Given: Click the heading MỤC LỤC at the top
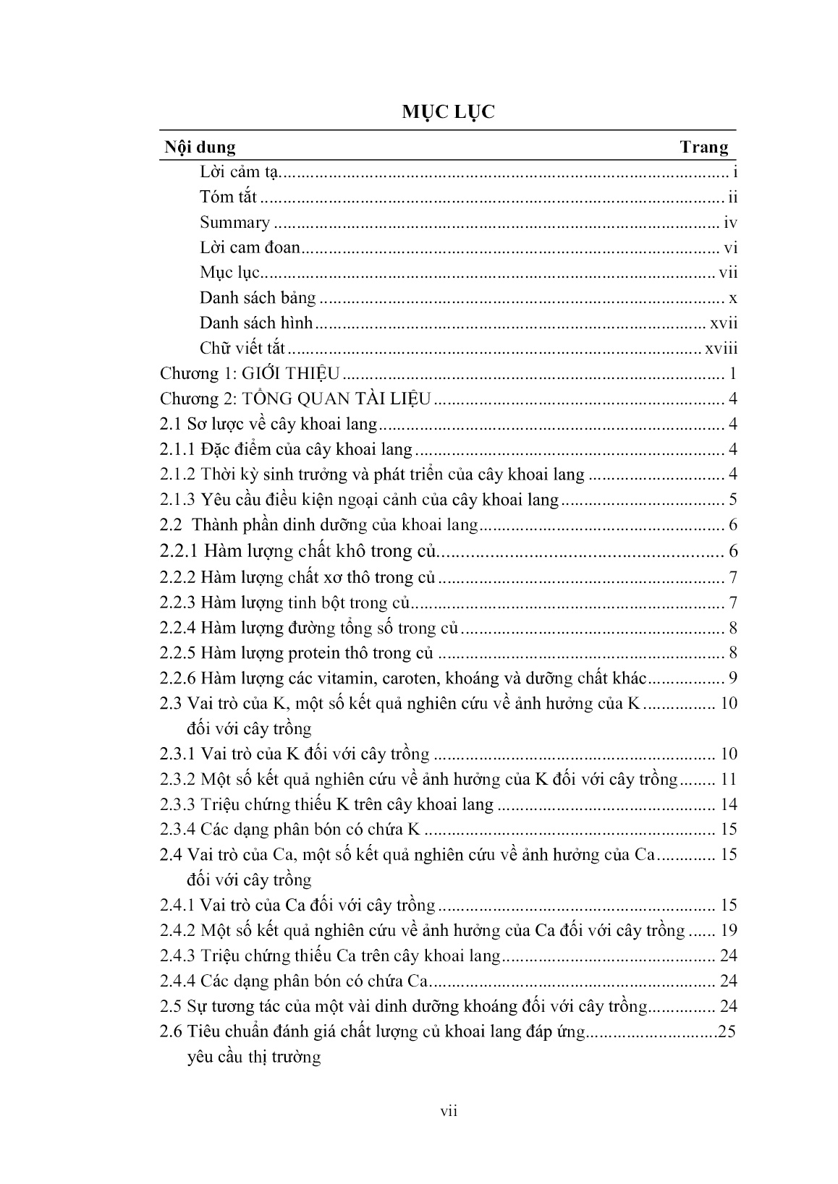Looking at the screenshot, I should [x=449, y=113].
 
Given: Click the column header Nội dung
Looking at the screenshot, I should [x=200, y=148].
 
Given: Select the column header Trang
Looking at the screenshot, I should [x=703, y=148].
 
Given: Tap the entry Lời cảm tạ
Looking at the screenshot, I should [x=239, y=172].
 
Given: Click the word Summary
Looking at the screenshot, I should [x=234, y=223].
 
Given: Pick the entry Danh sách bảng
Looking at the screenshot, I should [x=258, y=298].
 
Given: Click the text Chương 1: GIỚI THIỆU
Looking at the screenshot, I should [x=250, y=374].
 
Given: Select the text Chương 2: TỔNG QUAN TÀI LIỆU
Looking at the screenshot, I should [x=295, y=399].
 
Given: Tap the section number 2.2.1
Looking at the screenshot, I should [x=179, y=551].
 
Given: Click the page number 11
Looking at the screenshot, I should [x=729, y=780].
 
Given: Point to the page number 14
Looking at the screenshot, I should [x=729, y=805].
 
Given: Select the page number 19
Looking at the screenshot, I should [x=729, y=931].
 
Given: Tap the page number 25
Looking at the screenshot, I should [x=727, y=1032].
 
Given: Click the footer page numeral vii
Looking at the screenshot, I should [x=449, y=1112].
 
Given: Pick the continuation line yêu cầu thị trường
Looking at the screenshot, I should [x=253, y=1057].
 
